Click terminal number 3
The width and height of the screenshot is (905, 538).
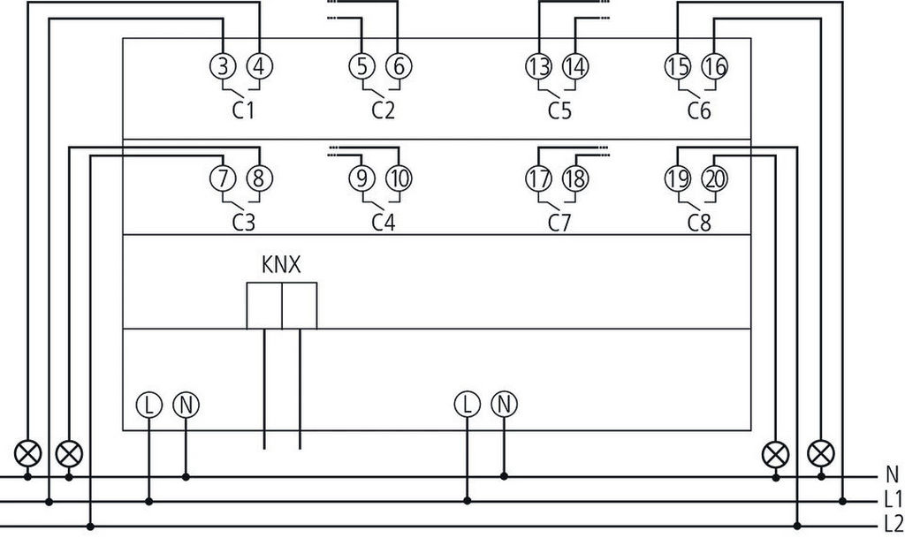(223, 64)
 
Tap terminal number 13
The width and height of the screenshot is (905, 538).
(538, 64)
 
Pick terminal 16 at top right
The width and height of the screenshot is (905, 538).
(714, 64)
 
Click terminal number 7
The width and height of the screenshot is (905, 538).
(223, 178)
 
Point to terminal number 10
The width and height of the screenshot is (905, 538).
(399, 178)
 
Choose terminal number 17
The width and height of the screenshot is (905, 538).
(538, 178)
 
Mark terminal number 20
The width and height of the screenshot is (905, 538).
(714, 178)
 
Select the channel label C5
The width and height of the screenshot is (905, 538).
(559, 112)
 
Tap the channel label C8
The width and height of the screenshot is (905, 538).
(698, 222)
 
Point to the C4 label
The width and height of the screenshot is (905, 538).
(383, 222)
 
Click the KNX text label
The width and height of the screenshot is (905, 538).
(280, 264)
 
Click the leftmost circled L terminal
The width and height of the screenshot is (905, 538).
(148, 405)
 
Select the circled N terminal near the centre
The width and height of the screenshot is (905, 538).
(504, 405)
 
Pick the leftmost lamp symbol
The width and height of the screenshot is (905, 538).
(28, 453)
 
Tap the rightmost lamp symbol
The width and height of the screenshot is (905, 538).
(822, 453)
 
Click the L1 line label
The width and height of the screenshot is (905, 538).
(893, 499)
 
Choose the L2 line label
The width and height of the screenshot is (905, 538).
(893, 522)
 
